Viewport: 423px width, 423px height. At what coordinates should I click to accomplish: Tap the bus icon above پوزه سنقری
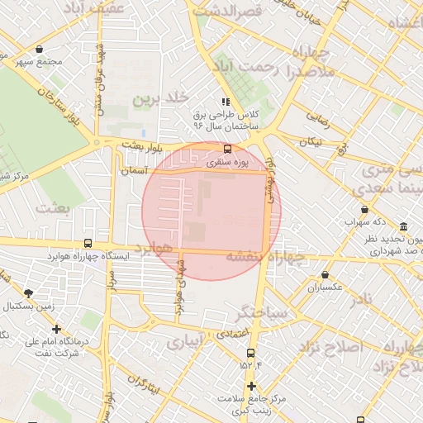click(227, 149)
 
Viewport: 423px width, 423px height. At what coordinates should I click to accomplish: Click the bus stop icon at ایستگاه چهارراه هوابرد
click(88, 243)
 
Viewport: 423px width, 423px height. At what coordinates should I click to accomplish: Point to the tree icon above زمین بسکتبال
click(30, 293)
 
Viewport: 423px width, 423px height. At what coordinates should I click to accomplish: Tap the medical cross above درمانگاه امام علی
click(56, 329)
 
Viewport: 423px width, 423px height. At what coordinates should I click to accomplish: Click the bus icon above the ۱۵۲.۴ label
click(250, 353)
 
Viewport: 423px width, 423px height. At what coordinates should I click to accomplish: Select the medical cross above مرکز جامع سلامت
click(251, 387)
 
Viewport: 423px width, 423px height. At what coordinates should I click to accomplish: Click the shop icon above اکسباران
click(325, 274)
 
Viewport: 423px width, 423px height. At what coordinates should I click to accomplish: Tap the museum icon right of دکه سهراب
click(402, 226)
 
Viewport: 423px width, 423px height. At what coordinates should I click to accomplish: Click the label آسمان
click(134, 170)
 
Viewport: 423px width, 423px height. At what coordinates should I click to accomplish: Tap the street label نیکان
click(310, 141)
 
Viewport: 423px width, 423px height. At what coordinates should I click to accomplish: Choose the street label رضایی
click(318, 120)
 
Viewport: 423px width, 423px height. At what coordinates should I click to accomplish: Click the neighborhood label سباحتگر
click(262, 313)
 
